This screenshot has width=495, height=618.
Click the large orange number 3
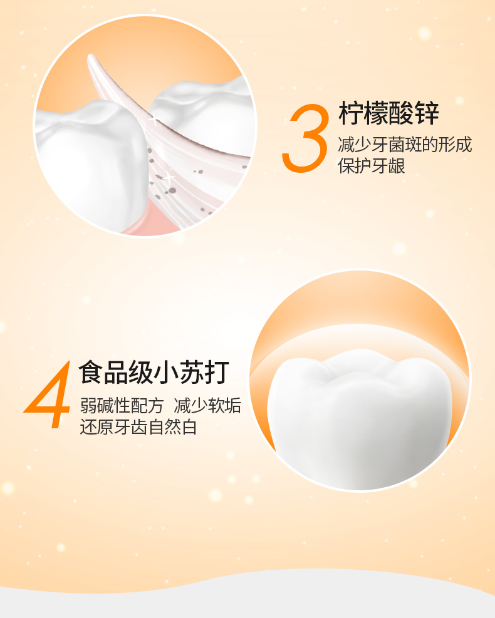[305, 138]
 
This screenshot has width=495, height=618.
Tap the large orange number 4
[48, 394]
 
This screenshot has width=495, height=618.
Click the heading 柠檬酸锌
[388, 113]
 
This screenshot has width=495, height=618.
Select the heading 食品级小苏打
[154, 372]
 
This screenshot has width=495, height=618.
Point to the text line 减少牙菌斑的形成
[405, 145]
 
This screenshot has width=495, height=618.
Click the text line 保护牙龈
[371, 165]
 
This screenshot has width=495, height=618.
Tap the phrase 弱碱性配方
[122, 405]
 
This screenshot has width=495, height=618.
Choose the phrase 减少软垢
[207, 405]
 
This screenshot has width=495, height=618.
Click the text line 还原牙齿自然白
[138, 426]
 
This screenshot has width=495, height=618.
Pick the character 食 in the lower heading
[91, 372]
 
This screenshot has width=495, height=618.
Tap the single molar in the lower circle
[359, 418]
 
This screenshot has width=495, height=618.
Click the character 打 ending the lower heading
[217, 372]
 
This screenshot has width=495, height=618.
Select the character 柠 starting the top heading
[351, 113]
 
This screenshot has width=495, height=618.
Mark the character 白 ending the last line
[189, 426]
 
